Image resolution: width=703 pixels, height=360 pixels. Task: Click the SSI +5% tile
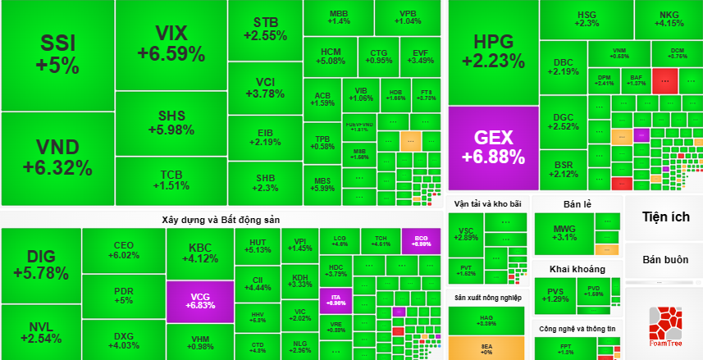(x=57, y=54)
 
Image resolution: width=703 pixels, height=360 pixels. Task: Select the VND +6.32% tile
(x=57, y=157)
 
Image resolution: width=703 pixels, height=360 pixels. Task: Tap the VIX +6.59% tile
(x=171, y=44)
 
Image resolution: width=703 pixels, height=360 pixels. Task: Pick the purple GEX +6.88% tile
(x=493, y=147)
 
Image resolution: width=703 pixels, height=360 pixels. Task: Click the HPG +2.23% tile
(x=493, y=51)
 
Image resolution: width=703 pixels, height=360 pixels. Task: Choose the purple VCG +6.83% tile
(x=199, y=299)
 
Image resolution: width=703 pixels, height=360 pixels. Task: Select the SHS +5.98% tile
(x=171, y=123)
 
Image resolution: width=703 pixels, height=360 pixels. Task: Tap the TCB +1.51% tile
(x=171, y=180)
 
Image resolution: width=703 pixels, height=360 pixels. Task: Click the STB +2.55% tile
(x=265, y=29)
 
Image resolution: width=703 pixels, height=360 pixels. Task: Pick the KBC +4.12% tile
(x=199, y=253)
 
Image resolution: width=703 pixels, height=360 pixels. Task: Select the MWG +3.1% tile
(x=565, y=233)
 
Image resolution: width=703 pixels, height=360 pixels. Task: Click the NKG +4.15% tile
(x=669, y=19)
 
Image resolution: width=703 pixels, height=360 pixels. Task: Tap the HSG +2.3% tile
(x=587, y=19)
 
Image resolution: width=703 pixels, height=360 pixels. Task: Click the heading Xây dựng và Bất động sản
(x=221, y=220)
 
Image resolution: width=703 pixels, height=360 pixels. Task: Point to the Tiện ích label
(x=664, y=216)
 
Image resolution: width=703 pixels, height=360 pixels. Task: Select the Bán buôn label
(x=664, y=259)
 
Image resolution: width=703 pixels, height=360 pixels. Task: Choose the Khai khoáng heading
(x=577, y=269)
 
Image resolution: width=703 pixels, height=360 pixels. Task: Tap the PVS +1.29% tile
(x=555, y=294)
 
